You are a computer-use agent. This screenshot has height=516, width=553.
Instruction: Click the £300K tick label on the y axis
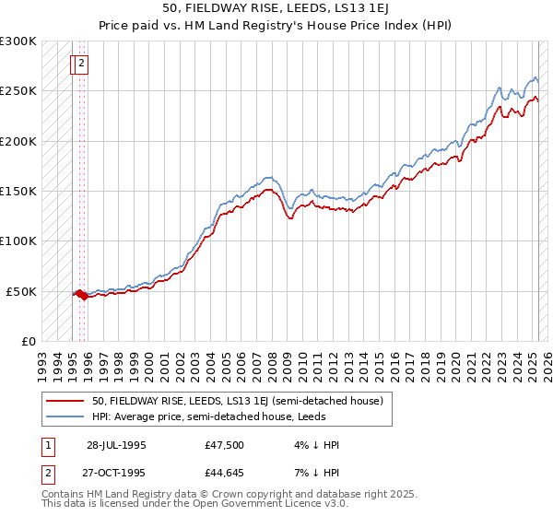(x=18, y=41)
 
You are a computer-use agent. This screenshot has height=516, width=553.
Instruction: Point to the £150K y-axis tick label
(x=18, y=192)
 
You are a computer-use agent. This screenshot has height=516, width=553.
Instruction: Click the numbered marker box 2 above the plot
(x=81, y=64)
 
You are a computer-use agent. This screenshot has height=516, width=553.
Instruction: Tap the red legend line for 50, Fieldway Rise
(x=65, y=401)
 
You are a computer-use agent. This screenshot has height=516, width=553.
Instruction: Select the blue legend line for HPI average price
(x=65, y=416)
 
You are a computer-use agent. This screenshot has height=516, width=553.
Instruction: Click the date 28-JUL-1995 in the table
(x=116, y=445)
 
